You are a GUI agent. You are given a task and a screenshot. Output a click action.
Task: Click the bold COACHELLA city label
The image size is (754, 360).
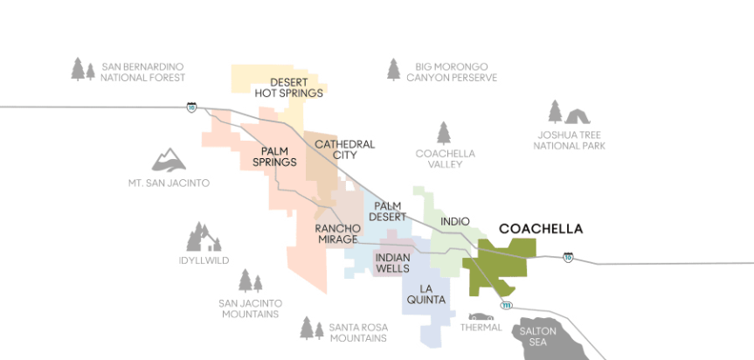point(540,229)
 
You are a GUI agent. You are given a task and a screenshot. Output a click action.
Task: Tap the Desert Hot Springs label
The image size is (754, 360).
point(288,87)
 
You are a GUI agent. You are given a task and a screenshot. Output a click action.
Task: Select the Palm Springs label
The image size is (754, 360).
point(274,156)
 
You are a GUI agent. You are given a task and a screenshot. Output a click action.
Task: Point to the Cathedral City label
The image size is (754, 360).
point(344,149)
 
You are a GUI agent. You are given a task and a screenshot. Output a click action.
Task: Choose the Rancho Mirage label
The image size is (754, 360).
point(336,233)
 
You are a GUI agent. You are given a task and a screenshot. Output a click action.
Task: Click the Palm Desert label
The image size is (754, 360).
point(387,211)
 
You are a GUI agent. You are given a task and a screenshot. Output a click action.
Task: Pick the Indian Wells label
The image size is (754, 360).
point(392,263)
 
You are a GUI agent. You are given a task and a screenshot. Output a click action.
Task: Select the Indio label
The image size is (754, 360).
point(455,222)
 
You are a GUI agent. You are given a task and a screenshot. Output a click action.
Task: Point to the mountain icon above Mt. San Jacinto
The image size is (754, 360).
point(169,159)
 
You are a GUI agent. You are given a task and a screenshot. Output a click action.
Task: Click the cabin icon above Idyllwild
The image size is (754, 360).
point(203,237)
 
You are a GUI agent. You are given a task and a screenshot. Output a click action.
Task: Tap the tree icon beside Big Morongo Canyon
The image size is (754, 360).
point(394,69)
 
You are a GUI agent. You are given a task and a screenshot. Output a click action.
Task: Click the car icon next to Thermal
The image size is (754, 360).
point(480,316)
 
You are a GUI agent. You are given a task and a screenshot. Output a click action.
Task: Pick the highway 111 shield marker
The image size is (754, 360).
point(506,305)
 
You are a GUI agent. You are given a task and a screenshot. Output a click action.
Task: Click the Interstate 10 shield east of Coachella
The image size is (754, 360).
point(568,258)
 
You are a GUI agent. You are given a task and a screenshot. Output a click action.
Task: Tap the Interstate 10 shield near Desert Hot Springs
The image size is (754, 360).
point(190,107)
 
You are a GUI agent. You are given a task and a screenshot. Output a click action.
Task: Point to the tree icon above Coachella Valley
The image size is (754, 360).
point(444,133)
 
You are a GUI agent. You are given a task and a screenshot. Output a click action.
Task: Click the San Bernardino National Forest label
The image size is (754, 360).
point(142,72)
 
